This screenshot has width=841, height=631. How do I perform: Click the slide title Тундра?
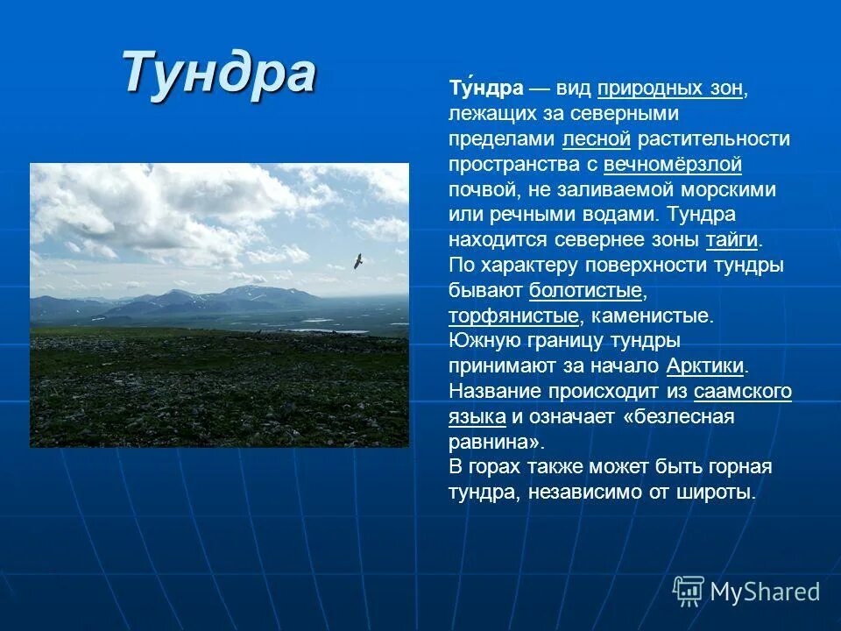click(219, 72)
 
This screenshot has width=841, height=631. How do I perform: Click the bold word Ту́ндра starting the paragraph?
click(485, 89)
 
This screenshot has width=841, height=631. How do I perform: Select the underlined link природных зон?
click(671, 89)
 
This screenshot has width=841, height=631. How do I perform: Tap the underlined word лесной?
click(597, 139)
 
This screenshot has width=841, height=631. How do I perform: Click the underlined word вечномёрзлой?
click(673, 164)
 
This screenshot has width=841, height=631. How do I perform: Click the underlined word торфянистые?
click(513, 315)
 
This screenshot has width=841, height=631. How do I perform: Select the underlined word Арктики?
click(705, 365)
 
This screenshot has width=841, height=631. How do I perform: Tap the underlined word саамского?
click(743, 391)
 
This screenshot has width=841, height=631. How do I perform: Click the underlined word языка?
click(477, 416)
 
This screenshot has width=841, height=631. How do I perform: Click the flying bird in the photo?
click(357, 261)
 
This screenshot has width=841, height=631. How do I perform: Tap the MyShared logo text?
click(765, 592)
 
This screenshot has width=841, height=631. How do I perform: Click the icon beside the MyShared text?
click(689, 591)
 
